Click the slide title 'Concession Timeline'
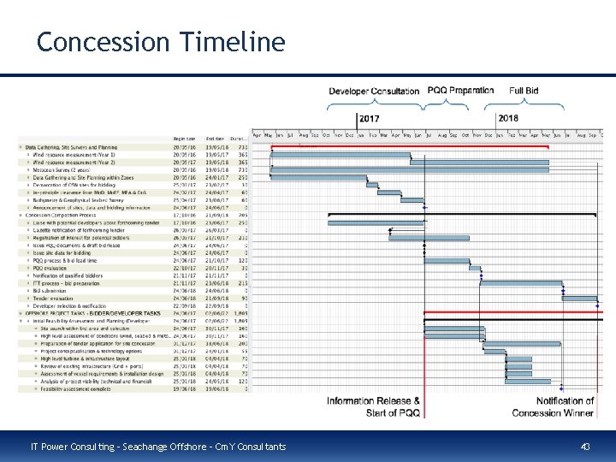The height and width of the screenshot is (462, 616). tap(161, 41)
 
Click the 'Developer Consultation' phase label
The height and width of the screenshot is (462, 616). tap(374, 91)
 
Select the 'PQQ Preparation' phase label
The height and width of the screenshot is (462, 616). tap(460, 90)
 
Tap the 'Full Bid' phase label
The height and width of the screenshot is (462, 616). tap(524, 90)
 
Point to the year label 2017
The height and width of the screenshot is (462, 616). tap(370, 118)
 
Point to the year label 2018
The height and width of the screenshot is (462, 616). tap(508, 118)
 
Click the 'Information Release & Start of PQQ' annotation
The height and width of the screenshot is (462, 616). tap(373, 406)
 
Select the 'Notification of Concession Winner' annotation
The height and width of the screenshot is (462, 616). tap(553, 406)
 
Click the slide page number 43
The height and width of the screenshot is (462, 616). tap(586, 447)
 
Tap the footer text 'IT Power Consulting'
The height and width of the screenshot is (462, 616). tap(67, 447)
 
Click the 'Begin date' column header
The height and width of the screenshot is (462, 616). tap(184, 139)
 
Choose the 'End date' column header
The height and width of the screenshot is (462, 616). tap(215, 139)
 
